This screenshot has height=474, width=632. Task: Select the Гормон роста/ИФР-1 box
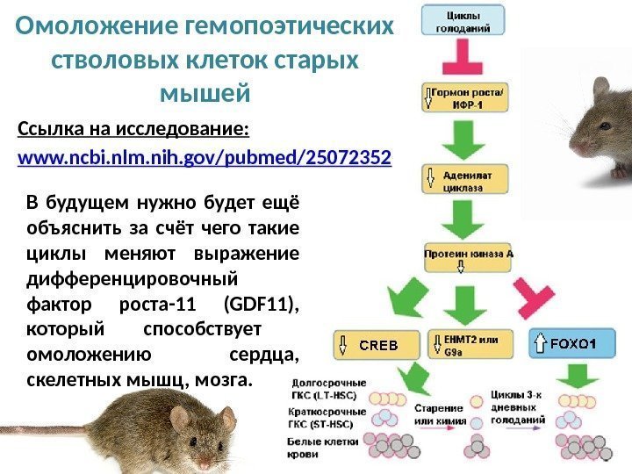465,98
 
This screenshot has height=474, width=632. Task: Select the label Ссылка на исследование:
133,131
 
